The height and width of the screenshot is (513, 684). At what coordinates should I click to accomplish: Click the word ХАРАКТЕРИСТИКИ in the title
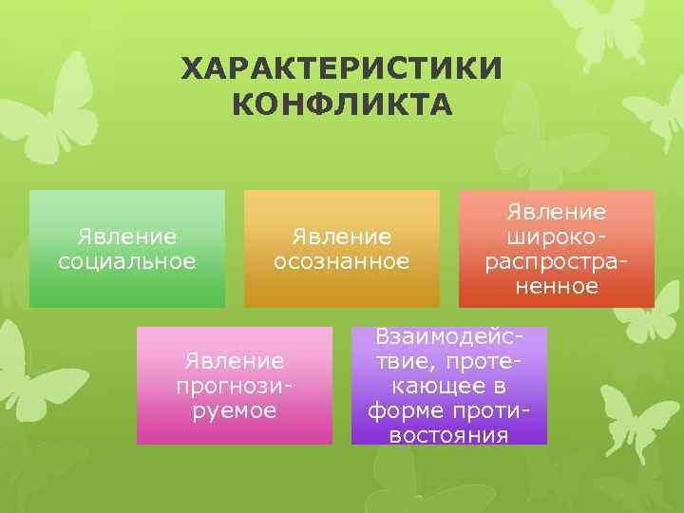[x=342, y=69]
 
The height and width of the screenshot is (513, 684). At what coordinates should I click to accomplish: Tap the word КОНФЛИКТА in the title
[x=342, y=103]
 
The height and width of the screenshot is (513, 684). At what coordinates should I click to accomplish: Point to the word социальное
[x=127, y=259]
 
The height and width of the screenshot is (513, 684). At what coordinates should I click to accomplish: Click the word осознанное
[x=342, y=259]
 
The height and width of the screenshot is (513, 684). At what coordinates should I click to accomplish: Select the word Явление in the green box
[x=127, y=235]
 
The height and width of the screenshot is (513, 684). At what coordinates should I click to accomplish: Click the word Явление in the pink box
[x=235, y=361]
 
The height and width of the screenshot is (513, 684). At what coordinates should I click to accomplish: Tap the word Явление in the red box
[x=557, y=211]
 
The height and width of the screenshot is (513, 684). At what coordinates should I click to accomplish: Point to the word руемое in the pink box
[x=235, y=410]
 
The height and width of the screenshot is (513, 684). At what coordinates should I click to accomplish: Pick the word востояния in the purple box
[x=449, y=435]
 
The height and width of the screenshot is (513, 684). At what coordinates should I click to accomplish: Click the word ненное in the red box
[x=557, y=285]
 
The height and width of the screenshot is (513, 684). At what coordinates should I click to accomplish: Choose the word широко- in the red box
[x=557, y=236]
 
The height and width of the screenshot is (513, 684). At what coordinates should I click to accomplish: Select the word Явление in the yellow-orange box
[x=342, y=235]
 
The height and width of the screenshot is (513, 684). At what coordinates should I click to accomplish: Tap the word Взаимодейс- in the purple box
[x=449, y=336]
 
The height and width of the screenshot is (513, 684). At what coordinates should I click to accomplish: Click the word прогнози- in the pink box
[x=235, y=386]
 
